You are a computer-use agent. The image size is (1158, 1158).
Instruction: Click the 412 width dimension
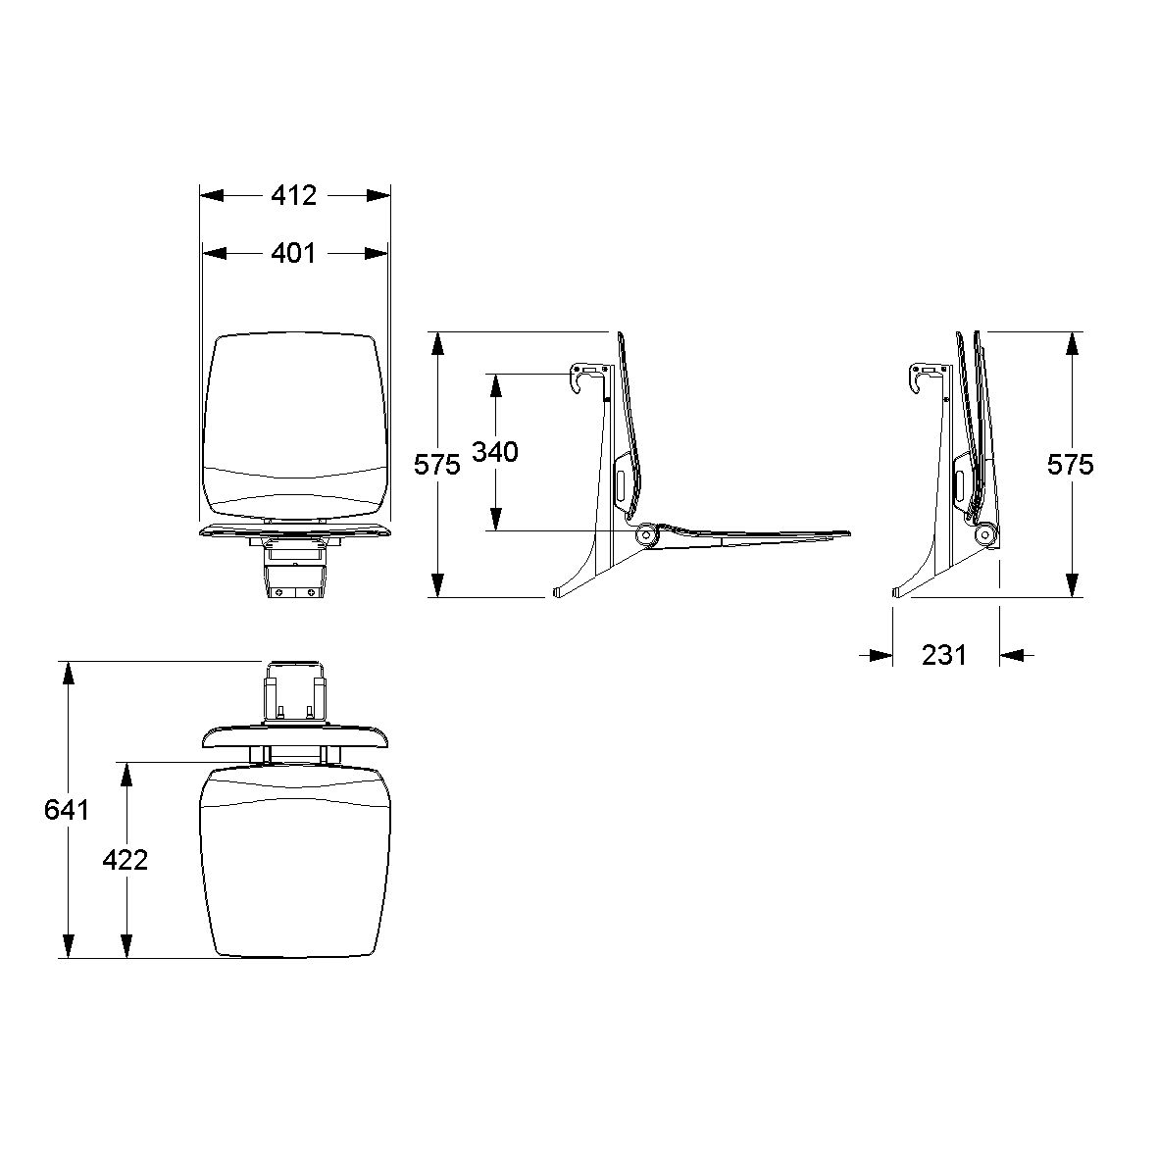pyautogui.click(x=294, y=195)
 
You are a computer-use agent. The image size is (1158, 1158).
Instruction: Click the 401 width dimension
pyautogui.click(x=293, y=253)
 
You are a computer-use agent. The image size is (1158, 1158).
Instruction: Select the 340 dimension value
pyautogui.click(x=495, y=451)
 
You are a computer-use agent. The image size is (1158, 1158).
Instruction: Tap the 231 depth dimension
pyautogui.click(x=944, y=655)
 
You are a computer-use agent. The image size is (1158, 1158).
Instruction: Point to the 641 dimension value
pyautogui.click(x=67, y=809)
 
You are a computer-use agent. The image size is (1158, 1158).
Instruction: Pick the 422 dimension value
pyautogui.click(x=125, y=860)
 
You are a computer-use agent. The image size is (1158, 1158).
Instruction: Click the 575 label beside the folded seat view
pyautogui.click(x=1070, y=465)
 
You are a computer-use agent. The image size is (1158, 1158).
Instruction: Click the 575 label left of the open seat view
pyautogui.click(x=436, y=465)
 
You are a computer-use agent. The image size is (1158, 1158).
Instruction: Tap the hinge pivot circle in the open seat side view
pyautogui.click(x=647, y=533)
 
